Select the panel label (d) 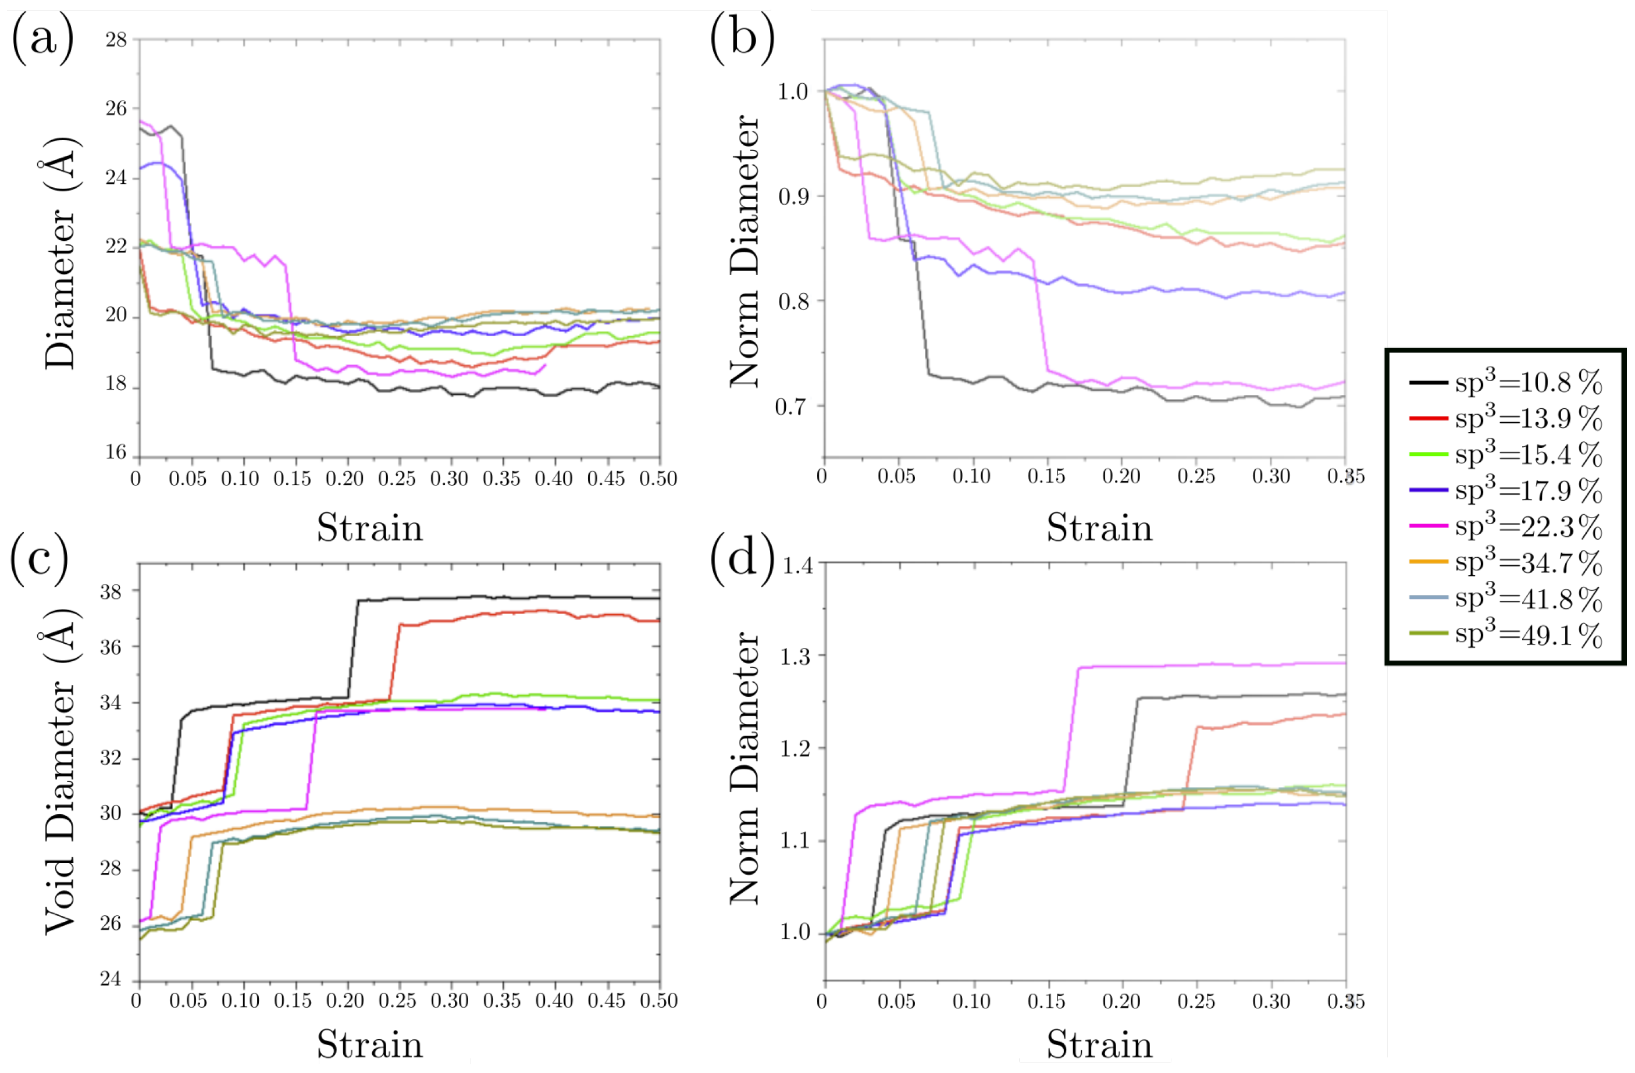click(x=742, y=558)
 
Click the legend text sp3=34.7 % click(x=1528, y=562)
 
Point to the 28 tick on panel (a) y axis click(x=116, y=40)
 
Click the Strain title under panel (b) click(x=1099, y=528)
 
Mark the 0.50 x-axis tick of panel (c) click(x=658, y=1001)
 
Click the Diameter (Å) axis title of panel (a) click(x=60, y=254)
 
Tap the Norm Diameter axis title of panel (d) click(x=745, y=768)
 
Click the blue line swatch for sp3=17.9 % click(x=1427, y=490)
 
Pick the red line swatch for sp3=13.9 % click(x=1427, y=418)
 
